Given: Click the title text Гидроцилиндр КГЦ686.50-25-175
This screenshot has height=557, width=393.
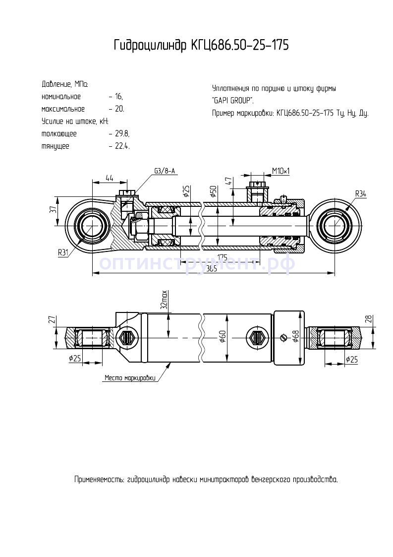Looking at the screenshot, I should pos(201,46).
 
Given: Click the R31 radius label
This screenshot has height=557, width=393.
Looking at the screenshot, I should pos(63,252).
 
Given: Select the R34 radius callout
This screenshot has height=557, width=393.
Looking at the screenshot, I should pos(360,193).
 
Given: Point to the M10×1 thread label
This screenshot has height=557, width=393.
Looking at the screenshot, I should pos(281,171).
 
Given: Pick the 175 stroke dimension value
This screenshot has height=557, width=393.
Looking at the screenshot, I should pos(222,257).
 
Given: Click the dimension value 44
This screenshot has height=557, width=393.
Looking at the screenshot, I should pos(110,178).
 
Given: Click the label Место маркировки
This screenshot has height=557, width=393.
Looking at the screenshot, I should pos(130,378).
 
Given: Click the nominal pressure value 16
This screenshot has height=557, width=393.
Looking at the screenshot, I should pos(118,97).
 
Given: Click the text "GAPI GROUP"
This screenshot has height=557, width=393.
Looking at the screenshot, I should pos(232,101).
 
